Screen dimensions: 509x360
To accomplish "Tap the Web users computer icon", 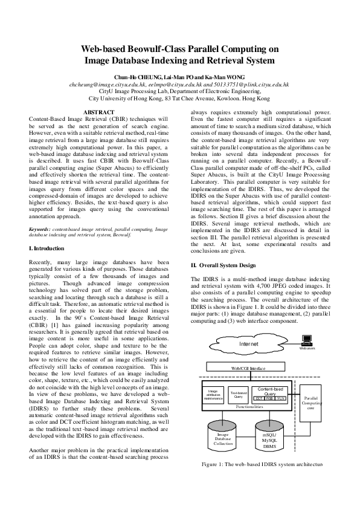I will pos(307,342).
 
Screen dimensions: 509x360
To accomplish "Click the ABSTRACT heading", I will pos(98,112).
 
